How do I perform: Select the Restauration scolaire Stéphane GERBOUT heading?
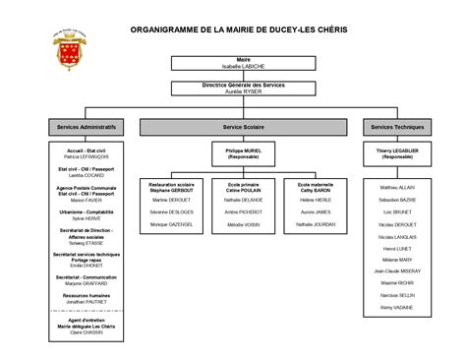[x=172, y=186]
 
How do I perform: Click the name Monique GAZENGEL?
[x=172, y=225]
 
